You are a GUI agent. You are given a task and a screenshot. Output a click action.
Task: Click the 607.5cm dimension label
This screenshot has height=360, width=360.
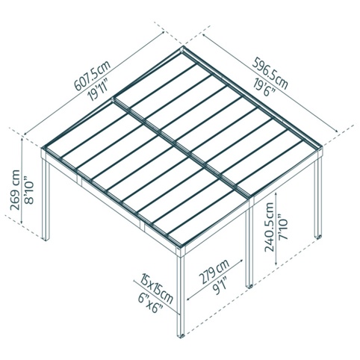93,74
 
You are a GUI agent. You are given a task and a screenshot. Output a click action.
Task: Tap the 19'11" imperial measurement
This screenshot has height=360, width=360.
98,90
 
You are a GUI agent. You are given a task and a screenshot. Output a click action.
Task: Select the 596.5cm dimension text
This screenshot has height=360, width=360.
270,73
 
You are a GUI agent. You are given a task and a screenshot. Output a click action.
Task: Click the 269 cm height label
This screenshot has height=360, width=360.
16,190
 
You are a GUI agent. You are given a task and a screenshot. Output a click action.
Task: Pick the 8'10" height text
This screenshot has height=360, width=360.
29,190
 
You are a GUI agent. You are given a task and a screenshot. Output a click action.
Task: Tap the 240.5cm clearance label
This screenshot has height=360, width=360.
269,227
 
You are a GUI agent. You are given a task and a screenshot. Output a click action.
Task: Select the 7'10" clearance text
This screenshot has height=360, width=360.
282,226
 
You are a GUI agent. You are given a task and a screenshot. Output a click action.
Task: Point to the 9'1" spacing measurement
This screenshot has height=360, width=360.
220,287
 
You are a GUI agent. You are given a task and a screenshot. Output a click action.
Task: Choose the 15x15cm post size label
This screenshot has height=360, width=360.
156,289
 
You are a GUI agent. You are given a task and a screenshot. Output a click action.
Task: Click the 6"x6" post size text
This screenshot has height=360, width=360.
150,303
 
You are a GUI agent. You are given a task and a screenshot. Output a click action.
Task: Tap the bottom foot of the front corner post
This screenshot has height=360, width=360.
181,336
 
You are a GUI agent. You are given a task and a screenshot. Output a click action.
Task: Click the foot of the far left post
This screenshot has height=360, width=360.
46,239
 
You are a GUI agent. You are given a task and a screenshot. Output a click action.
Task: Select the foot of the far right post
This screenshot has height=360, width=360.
318,237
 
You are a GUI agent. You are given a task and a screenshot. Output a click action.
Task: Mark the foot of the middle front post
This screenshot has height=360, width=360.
249,286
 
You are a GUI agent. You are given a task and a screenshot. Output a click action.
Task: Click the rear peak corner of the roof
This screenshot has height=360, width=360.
183,47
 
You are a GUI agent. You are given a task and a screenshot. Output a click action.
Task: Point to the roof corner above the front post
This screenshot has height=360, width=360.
181,247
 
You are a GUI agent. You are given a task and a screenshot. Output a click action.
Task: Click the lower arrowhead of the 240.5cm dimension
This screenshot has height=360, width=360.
276,264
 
